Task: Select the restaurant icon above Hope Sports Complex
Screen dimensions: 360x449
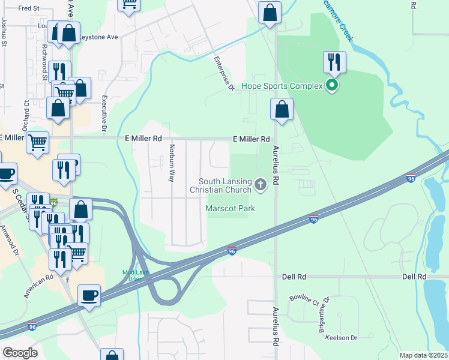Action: (x=334, y=61)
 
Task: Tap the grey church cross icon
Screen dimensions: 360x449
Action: (x=261, y=185)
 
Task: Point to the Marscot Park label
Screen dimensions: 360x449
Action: (x=231, y=208)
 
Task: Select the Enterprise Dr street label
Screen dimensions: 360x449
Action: (x=224, y=74)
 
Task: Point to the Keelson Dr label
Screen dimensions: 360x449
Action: (x=342, y=337)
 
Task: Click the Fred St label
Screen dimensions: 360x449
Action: (x=28, y=8)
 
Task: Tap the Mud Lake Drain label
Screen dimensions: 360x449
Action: (x=136, y=275)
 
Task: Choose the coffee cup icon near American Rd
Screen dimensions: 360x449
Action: (x=89, y=295)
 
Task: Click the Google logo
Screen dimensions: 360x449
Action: (x=20, y=353)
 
